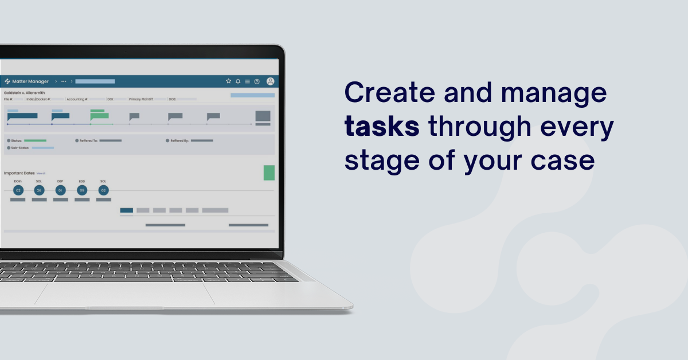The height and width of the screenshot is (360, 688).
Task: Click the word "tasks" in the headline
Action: coord(382,127)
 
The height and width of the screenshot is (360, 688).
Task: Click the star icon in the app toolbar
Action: coord(228,81)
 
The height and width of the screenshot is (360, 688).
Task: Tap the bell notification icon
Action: coord(238,81)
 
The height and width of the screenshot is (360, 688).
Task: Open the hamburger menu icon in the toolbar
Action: coord(247,81)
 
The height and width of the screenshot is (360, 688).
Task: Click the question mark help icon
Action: coord(257,81)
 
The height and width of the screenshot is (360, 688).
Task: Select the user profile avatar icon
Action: coord(271,81)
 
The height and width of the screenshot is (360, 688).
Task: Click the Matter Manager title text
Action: coord(30,81)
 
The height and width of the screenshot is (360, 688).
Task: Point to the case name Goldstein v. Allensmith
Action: coord(24,92)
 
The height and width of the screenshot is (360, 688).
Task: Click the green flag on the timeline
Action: coord(99,116)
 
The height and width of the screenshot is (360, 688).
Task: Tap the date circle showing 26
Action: coord(39,190)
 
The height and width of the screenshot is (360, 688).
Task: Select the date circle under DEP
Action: coord(60,190)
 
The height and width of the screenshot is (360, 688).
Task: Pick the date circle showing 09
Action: coord(82,190)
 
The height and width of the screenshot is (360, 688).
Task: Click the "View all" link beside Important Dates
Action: coord(41,173)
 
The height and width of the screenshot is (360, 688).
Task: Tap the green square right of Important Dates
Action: coord(269,173)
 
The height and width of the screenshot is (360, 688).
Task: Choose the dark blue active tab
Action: coord(127,210)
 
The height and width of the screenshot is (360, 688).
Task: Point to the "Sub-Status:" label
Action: coord(18,148)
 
